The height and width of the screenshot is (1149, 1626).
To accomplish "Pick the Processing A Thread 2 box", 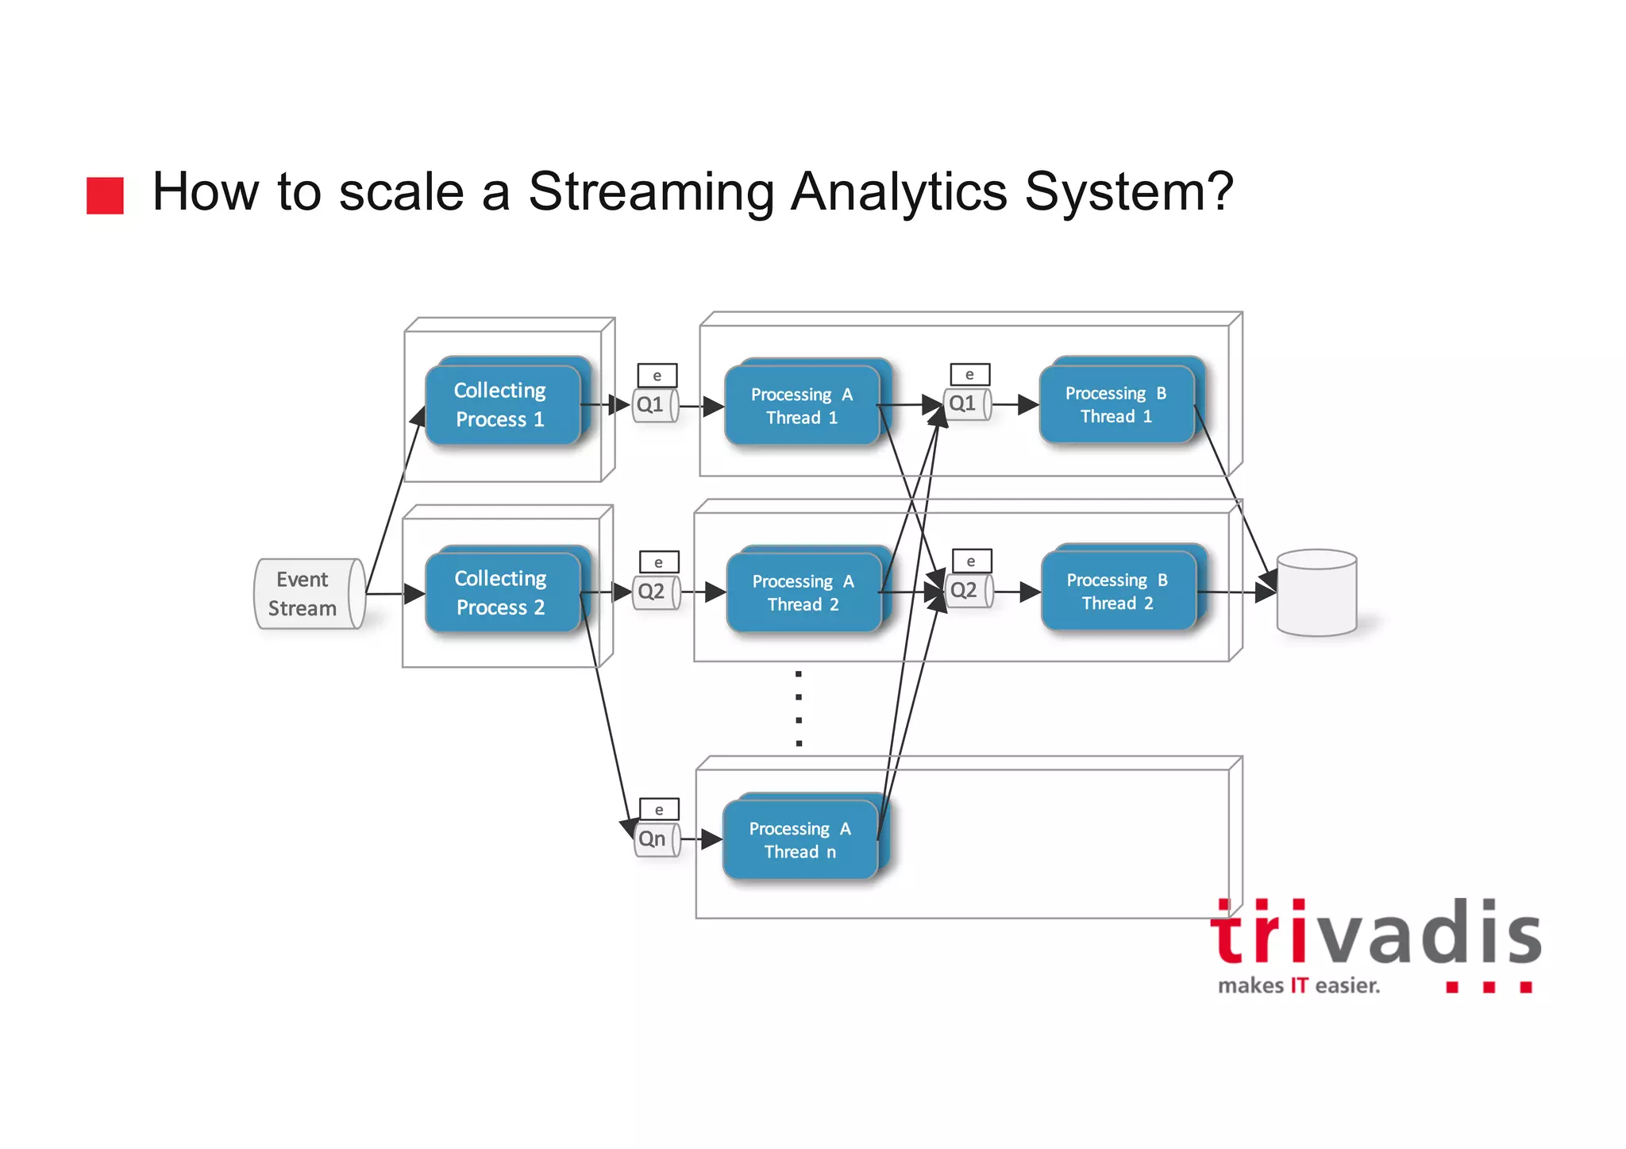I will (x=804, y=592).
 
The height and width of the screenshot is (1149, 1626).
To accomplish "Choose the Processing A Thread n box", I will (x=801, y=839).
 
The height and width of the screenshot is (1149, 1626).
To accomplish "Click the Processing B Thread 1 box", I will (x=1117, y=404).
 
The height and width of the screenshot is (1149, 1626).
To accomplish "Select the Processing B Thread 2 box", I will (x=1119, y=592).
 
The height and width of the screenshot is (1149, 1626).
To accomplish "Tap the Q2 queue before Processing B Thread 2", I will (x=968, y=591).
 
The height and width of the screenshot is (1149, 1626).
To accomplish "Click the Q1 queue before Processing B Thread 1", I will (x=966, y=404).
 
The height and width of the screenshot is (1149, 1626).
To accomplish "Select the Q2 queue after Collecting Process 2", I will (x=655, y=592).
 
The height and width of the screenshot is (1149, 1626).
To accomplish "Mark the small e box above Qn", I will (x=659, y=809).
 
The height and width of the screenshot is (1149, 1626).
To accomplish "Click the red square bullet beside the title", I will (x=105, y=195).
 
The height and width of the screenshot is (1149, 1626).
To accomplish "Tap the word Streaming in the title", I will (x=650, y=193).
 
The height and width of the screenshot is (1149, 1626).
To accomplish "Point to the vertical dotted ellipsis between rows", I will (x=799, y=709).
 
